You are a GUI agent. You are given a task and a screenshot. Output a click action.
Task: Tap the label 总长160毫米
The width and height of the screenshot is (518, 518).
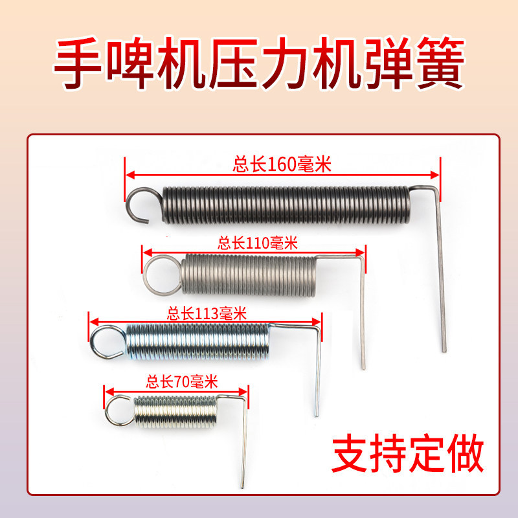(282, 164)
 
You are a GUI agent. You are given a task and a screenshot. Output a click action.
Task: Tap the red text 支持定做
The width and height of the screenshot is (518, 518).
(407, 456)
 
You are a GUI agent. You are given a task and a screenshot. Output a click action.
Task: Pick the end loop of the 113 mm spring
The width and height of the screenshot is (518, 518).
(107, 341)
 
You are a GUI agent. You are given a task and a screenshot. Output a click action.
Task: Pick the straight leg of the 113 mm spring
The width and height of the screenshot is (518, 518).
(318, 376)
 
